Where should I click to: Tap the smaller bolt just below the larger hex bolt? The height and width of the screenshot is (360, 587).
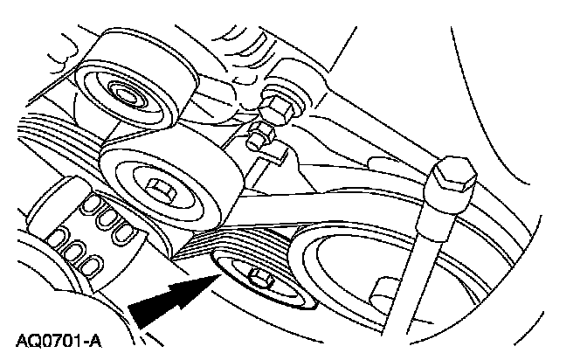pyautogui.click(x=260, y=137)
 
